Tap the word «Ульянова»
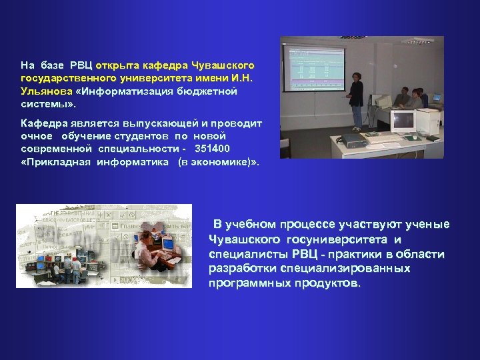tap(43, 91)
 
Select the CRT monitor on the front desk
tap(403, 121)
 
